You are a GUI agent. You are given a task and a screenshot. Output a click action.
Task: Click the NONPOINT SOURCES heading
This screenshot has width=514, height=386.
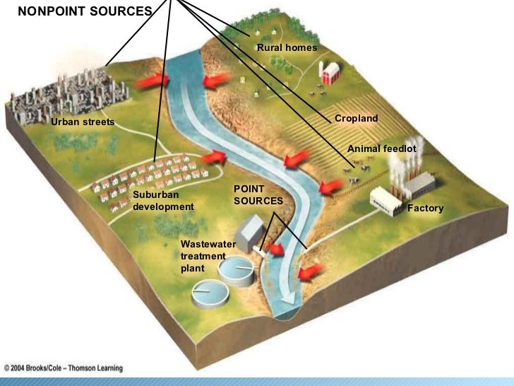pyautogui.click(x=84, y=11)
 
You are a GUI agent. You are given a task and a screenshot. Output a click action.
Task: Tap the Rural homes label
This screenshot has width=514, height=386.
pyautogui.click(x=287, y=47)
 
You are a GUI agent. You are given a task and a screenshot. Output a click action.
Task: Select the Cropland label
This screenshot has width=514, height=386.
pyautogui.click(x=356, y=119)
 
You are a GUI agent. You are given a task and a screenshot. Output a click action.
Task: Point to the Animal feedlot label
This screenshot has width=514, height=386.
pyautogui.click(x=381, y=149)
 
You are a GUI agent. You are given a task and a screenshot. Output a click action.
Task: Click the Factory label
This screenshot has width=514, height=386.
pyautogui.click(x=425, y=209)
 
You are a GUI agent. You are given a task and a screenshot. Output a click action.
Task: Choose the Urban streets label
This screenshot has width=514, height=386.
pyautogui.click(x=82, y=122)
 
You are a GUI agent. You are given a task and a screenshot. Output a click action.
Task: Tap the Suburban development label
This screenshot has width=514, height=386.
pyautogui.click(x=162, y=201)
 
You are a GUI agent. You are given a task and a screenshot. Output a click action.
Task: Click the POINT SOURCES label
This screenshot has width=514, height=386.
pyautogui.click(x=258, y=195)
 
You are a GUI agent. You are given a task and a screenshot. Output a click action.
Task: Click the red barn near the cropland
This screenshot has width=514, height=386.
pyautogui.click(x=330, y=71)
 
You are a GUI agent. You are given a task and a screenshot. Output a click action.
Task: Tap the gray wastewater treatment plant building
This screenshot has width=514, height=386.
pyautogui.click(x=249, y=232)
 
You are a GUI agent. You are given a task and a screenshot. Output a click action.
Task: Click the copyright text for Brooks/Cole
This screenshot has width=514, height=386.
pyautogui.click(x=64, y=368)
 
